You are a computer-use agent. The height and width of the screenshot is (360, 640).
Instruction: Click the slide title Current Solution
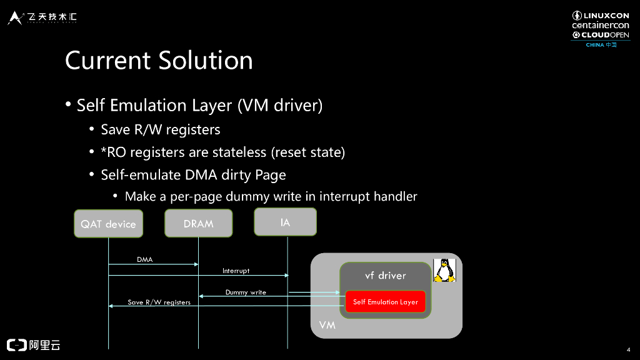159,61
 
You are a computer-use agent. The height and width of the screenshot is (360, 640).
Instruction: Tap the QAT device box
108,224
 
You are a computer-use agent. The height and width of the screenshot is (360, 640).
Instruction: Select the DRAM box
198,224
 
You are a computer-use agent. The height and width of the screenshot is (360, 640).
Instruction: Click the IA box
285,222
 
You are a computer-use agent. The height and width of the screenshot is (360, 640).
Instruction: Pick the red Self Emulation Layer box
385,302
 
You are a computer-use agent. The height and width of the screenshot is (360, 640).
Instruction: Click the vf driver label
385,276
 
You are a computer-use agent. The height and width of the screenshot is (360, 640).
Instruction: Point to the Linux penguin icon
444,271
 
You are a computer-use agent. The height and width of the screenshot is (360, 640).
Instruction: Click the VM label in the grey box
327,326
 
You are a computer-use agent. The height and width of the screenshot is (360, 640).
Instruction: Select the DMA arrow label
144,259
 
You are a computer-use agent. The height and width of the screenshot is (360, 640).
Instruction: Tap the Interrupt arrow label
236,271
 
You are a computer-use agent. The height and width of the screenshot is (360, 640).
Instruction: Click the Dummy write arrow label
246,292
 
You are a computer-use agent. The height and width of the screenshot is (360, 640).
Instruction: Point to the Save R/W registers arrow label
159,302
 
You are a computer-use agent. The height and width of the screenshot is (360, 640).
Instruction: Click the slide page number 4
627,349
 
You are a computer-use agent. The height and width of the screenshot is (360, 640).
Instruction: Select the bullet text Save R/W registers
161,129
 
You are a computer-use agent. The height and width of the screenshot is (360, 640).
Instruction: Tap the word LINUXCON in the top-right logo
606,16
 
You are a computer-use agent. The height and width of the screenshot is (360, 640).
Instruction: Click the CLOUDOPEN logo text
605,35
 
